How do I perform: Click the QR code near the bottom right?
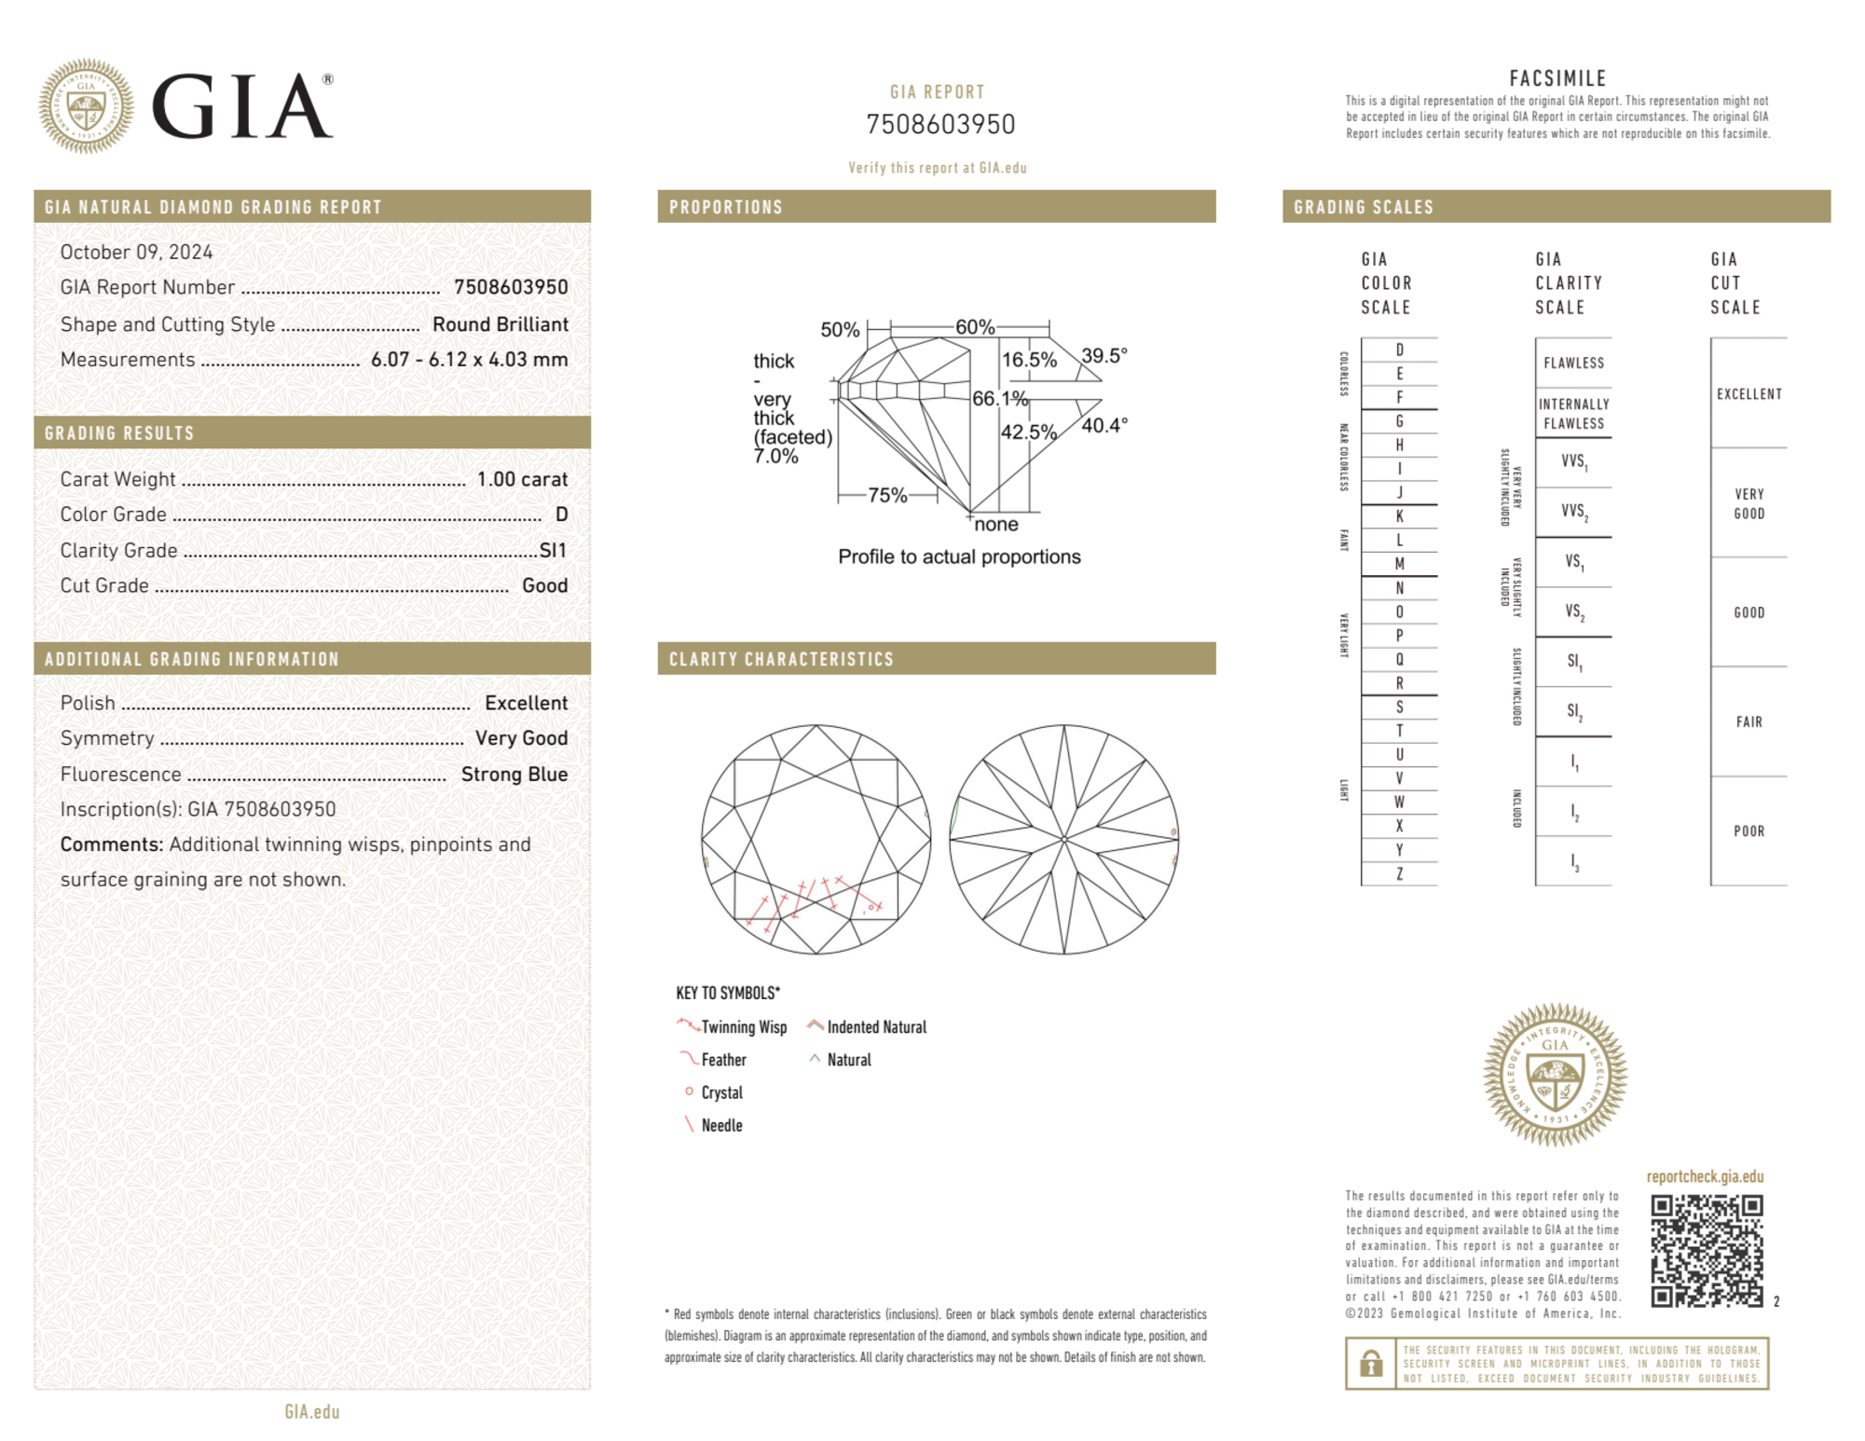pos(1706,1251)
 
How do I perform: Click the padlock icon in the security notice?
pos(1370,1364)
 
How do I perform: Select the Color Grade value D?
pos(561,515)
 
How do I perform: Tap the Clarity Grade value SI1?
pos(553,550)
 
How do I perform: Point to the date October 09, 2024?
pos(136,252)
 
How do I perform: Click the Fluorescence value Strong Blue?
pos(514,774)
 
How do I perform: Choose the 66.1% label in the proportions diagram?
pos(999,398)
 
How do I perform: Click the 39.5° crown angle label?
pos(1104,355)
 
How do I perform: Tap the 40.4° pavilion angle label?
pos(1104,425)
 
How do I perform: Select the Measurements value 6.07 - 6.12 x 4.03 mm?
pos(469,359)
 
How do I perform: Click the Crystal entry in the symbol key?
pos(721,1092)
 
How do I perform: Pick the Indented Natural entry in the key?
pos(876,1027)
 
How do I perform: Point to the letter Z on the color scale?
pos(1399,873)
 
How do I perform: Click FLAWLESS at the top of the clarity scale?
pos(1573,363)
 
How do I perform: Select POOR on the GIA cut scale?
pos(1748,830)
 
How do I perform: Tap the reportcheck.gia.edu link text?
pos(1705,1176)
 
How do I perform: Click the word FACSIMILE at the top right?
pos(1557,78)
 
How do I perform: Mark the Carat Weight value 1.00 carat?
pos(522,479)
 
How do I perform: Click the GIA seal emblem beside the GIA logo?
pos(86,106)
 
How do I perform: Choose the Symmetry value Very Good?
pos(521,738)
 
